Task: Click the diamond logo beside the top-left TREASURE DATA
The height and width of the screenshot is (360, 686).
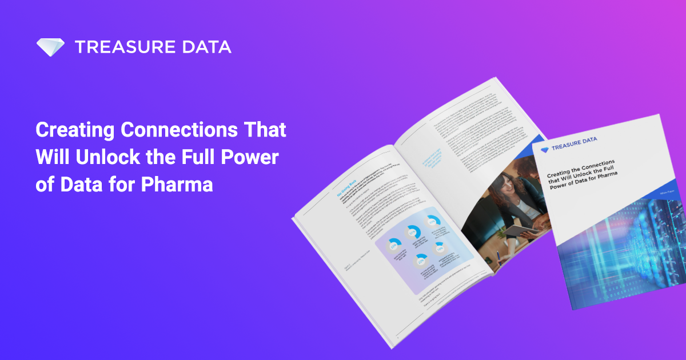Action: click(51, 47)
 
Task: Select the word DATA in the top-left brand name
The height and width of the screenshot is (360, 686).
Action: click(209, 47)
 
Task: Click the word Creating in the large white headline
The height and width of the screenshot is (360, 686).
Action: click(73, 129)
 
